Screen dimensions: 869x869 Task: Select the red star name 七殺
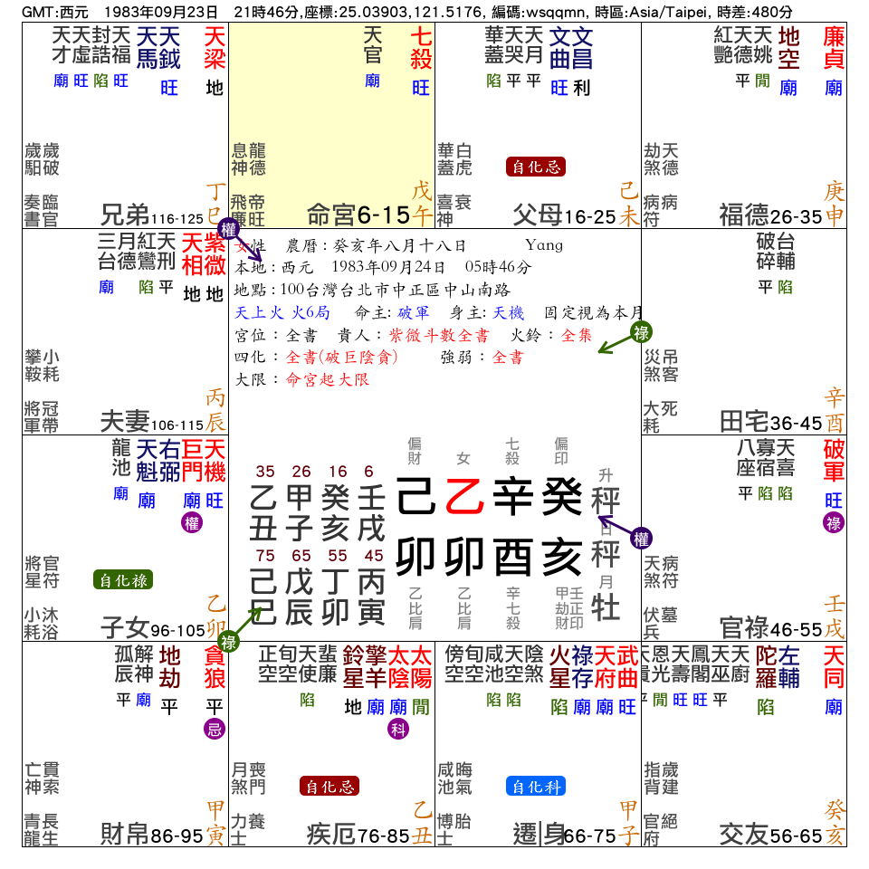click(x=421, y=46)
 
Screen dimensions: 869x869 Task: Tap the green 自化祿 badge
click(x=123, y=580)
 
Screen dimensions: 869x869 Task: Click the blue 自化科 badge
click(x=536, y=787)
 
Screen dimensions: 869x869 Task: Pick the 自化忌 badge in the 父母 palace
click(x=536, y=167)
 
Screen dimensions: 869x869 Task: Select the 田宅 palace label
click(x=744, y=421)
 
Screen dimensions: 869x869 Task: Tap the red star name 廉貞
click(x=834, y=46)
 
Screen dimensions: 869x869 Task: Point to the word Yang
click(x=543, y=245)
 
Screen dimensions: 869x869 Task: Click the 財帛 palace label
click(x=125, y=834)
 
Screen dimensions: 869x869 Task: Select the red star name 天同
click(x=834, y=665)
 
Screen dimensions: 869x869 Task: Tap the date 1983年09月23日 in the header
click(x=161, y=12)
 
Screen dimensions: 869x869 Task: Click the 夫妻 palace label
click(x=125, y=421)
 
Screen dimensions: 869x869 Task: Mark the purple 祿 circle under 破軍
click(x=834, y=523)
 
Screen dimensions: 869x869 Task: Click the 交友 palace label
click(x=744, y=834)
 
